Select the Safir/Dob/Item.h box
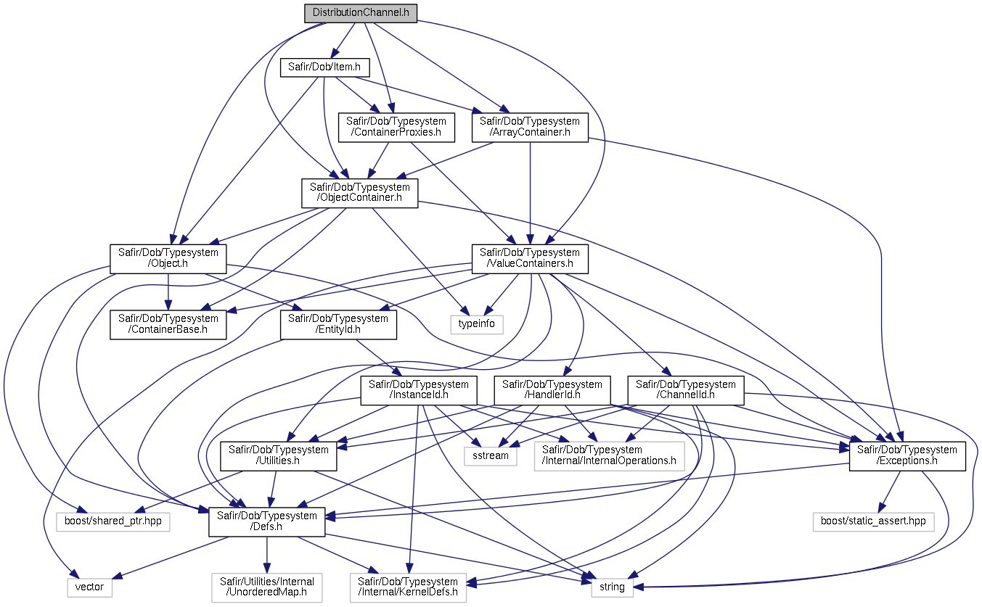(x=325, y=68)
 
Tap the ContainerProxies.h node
(x=397, y=127)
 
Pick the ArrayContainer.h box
(x=530, y=127)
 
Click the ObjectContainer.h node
(x=359, y=193)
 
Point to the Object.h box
(x=168, y=258)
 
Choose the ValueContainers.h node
(x=530, y=258)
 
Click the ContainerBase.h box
(x=168, y=324)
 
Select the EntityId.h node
(x=339, y=324)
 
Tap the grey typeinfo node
(x=477, y=323)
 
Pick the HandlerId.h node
(x=552, y=390)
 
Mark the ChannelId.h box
(x=686, y=390)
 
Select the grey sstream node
(x=491, y=455)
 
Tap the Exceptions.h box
(x=907, y=455)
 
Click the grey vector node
(x=90, y=587)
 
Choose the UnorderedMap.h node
(x=266, y=587)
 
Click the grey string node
(x=612, y=587)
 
